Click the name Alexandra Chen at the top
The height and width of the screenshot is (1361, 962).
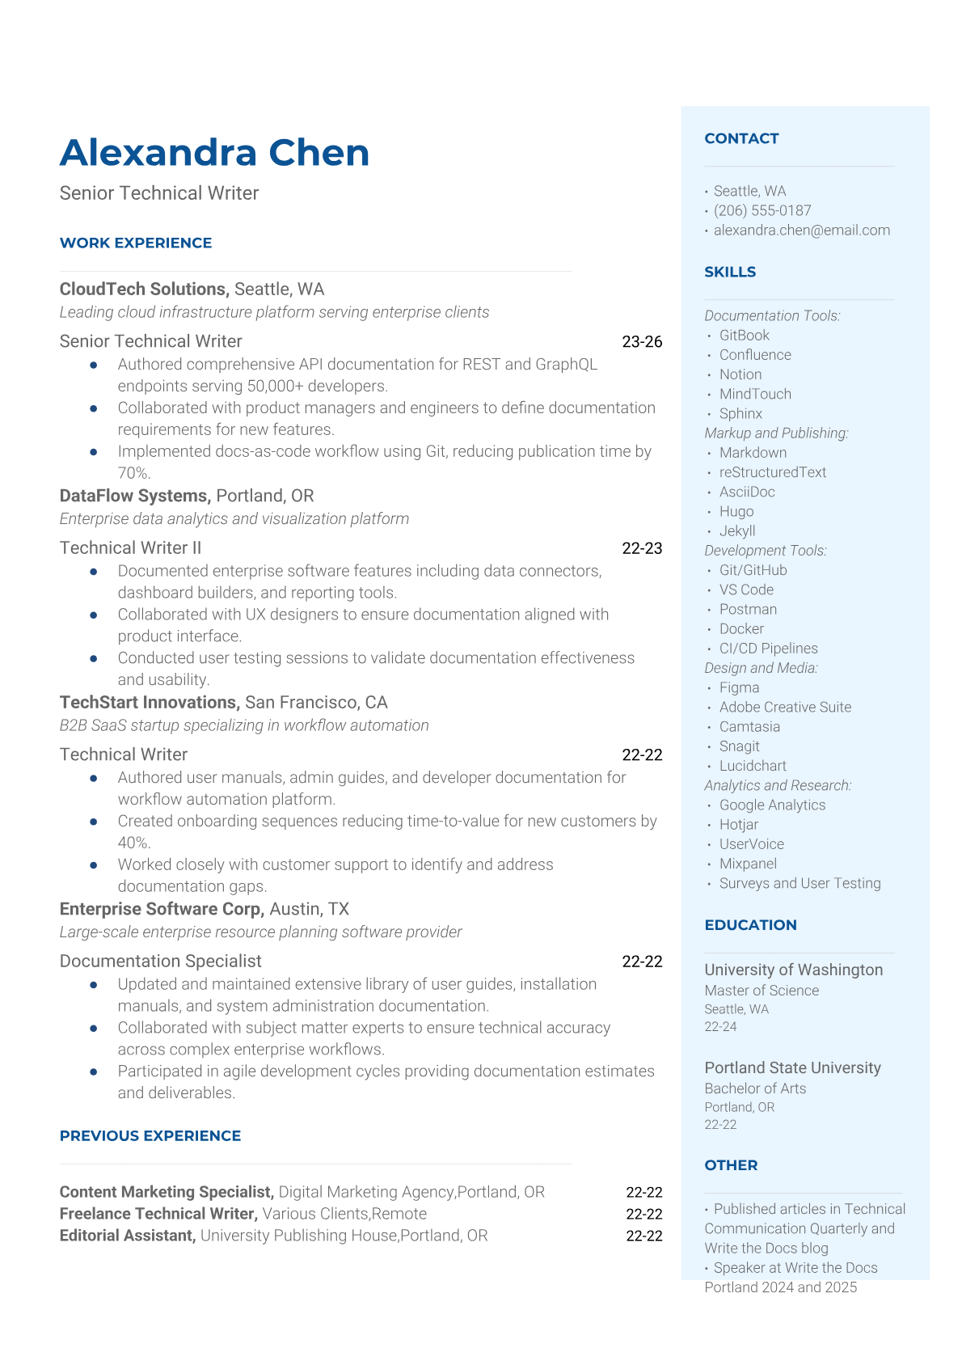tap(214, 153)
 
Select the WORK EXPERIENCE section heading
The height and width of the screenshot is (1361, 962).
tap(136, 243)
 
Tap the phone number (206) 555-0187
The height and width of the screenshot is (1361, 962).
tap(762, 210)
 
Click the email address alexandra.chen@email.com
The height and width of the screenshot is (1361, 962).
tap(801, 230)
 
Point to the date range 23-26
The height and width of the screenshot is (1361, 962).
tap(642, 341)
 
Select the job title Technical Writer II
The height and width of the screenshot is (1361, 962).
tap(130, 547)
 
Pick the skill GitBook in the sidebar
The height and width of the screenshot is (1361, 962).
tap(744, 335)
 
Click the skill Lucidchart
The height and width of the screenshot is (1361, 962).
tap(753, 766)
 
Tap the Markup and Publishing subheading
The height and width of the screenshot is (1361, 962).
tap(776, 433)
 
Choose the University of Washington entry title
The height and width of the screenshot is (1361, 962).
tap(793, 970)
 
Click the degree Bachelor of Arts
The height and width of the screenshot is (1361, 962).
tap(755, 1088)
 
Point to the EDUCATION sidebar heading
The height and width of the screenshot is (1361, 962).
tap(750, 924)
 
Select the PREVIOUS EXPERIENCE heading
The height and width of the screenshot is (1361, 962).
tap(150, 1135)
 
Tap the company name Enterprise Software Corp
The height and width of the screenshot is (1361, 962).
tap(162, 909)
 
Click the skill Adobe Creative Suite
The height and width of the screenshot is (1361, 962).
tap(785, 707)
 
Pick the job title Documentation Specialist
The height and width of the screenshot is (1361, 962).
tap(160, 961)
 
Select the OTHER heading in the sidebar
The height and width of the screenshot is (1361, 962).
tap(731, 1164)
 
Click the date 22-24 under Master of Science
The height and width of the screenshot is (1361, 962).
tap(720, 1027)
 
